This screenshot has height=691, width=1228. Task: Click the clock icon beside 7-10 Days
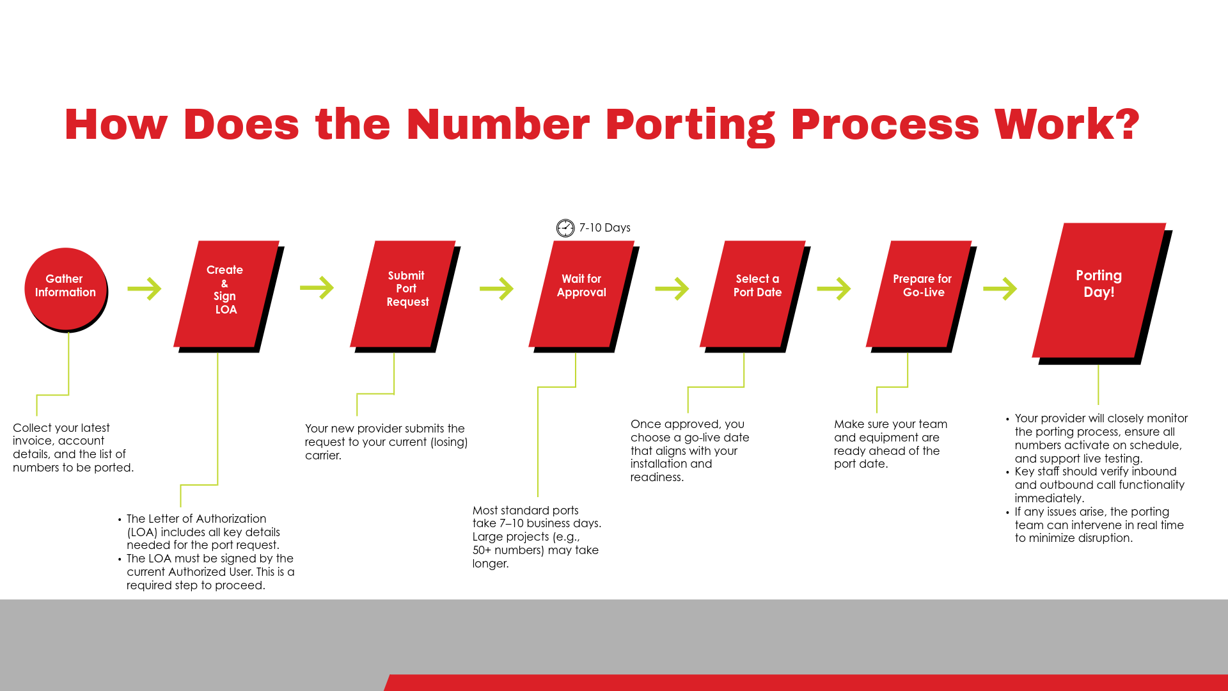(x=565, y=228)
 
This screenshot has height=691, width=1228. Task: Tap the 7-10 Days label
(x=604, y=228)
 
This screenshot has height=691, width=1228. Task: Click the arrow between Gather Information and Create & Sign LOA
(x=145, y=289)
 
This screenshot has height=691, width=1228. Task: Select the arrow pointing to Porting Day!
(x=1000, y=289)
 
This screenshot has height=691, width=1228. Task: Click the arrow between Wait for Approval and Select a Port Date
(x=672, y=289)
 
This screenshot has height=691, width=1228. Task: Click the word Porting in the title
(x=690, y=124)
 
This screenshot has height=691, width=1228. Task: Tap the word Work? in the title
(x=1066, y=124)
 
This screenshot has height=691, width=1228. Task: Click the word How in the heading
(x=116, y=124)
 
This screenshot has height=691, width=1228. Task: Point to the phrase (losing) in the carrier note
(x=448, y=442)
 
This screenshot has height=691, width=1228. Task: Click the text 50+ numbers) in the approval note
(x=510, y=550)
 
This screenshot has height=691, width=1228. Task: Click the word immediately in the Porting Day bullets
(x=1049, y=498)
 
